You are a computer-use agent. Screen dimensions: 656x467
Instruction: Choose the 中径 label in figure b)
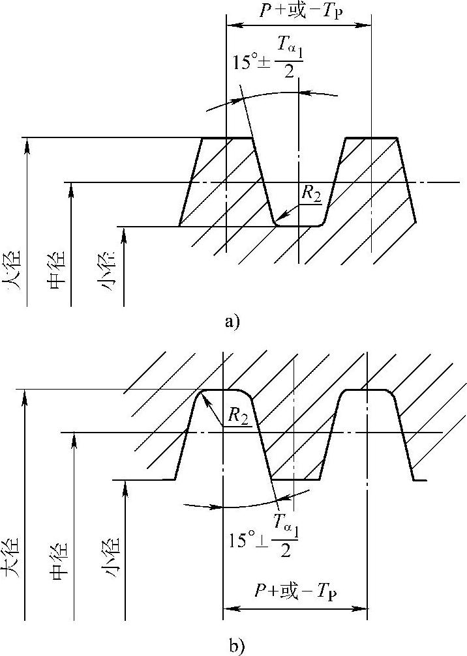[59, 560]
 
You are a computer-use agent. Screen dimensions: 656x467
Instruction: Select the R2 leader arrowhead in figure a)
[278, 220]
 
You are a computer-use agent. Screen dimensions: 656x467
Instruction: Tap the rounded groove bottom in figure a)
[298, 226]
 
